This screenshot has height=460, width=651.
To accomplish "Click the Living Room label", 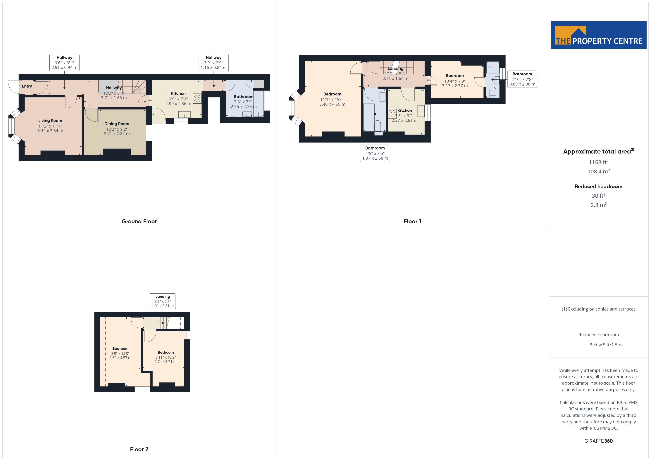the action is coord(50,121).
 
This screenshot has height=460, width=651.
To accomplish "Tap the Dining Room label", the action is coord(117,124).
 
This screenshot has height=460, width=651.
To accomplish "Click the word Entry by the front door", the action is coord(27,86).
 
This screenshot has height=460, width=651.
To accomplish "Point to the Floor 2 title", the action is coord(139,449).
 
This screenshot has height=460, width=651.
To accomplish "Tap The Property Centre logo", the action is coord(599,35).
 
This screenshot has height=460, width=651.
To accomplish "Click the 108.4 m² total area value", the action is coord(599,171).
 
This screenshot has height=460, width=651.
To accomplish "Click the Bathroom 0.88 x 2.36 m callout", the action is coord(522,79).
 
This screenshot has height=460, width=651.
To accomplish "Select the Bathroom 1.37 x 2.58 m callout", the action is coord(375,153).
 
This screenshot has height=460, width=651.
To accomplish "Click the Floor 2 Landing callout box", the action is coord(163,301).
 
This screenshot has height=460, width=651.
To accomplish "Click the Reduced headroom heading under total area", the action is coord(599,186).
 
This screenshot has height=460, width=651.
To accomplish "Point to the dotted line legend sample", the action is coord(580,345).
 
